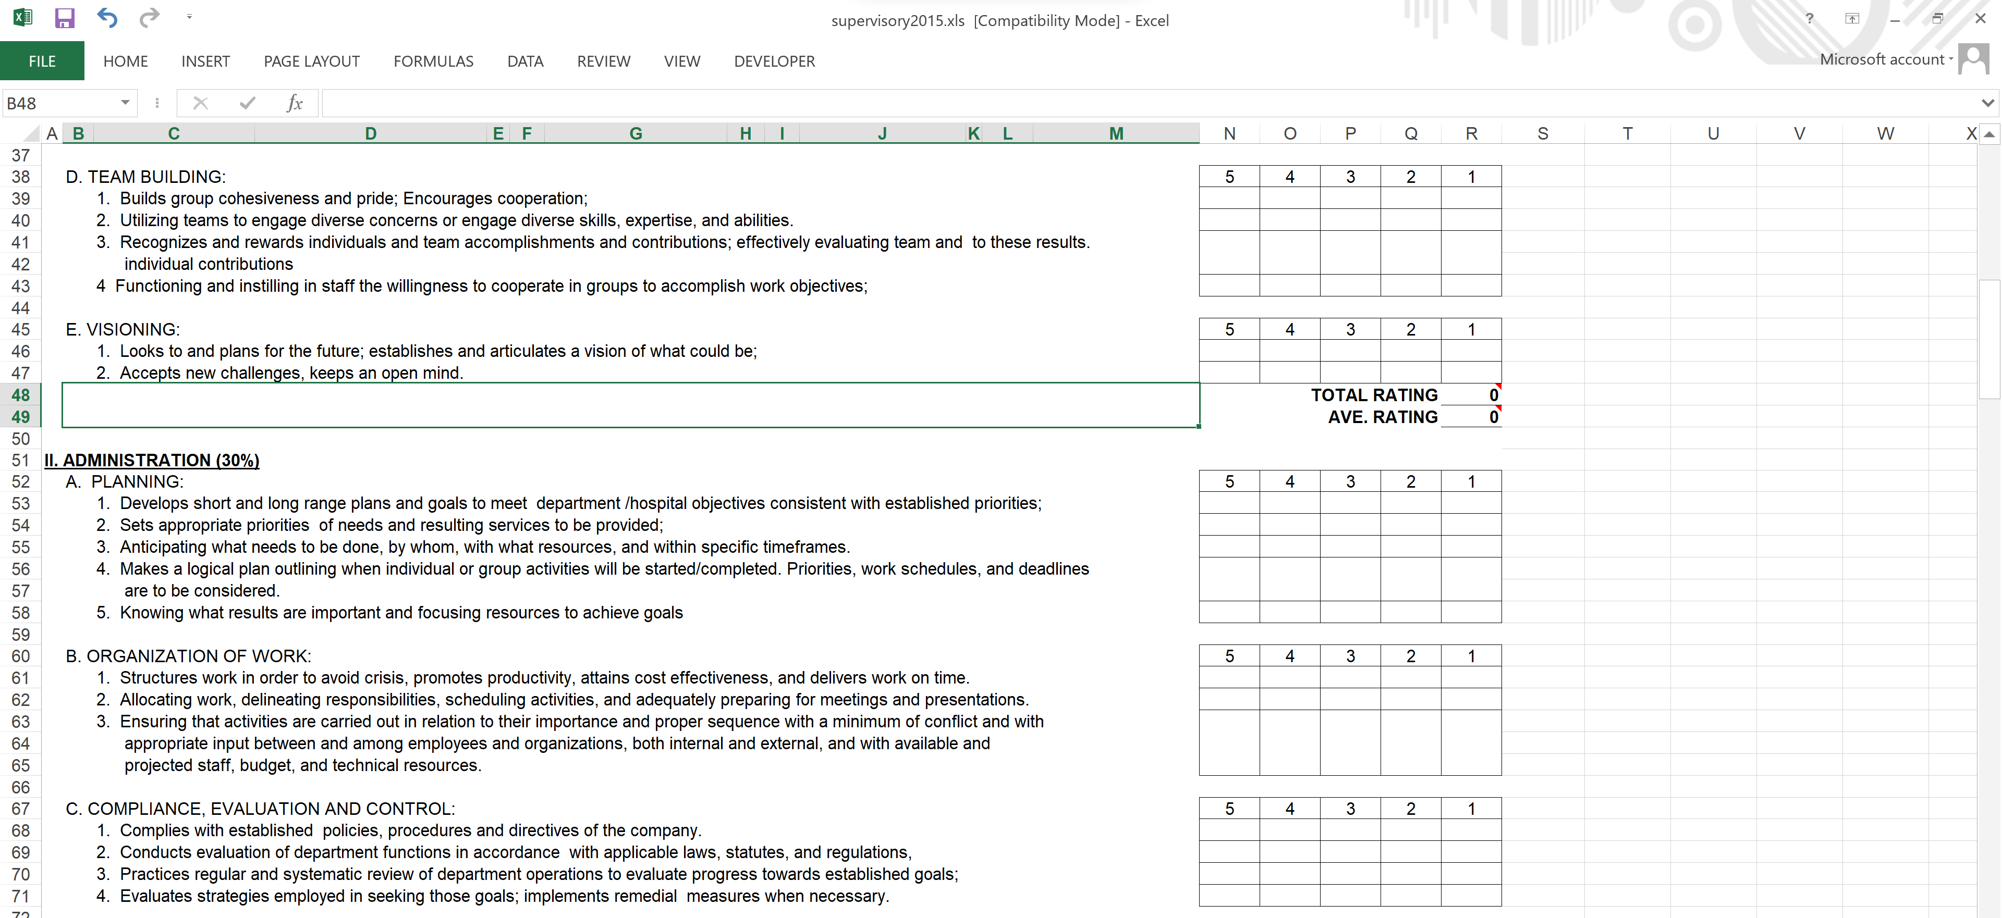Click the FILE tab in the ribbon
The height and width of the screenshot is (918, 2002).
click(42, 61)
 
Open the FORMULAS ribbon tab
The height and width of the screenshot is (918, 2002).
click(433, 61)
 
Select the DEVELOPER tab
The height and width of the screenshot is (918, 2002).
click(774, 61)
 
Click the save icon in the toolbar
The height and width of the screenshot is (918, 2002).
click(65, 18)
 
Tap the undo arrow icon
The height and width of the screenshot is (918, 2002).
click(107, 18)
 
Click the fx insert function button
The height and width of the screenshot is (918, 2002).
click(295, 103)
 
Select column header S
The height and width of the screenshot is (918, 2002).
click(1543, 133)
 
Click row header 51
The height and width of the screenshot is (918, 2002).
click(20, 461)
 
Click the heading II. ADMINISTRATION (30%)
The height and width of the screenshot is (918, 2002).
click(152, 461)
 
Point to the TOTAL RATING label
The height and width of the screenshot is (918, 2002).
click(1374, 395)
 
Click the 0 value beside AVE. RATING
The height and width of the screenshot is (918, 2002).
click(1493, 417)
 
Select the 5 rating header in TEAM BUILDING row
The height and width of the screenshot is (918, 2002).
click(1229, 177)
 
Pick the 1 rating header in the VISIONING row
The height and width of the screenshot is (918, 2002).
click(1471, 329)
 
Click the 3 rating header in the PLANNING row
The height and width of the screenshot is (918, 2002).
click(1351, 481)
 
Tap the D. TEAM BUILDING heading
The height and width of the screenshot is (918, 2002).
click(146, 177)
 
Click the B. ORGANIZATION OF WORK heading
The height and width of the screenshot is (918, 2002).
click(189, 656)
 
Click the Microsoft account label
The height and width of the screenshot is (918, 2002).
click(1882, 60)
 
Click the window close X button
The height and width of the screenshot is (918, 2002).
click(1980, 19)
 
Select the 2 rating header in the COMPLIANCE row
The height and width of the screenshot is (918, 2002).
click(1411, 809)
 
